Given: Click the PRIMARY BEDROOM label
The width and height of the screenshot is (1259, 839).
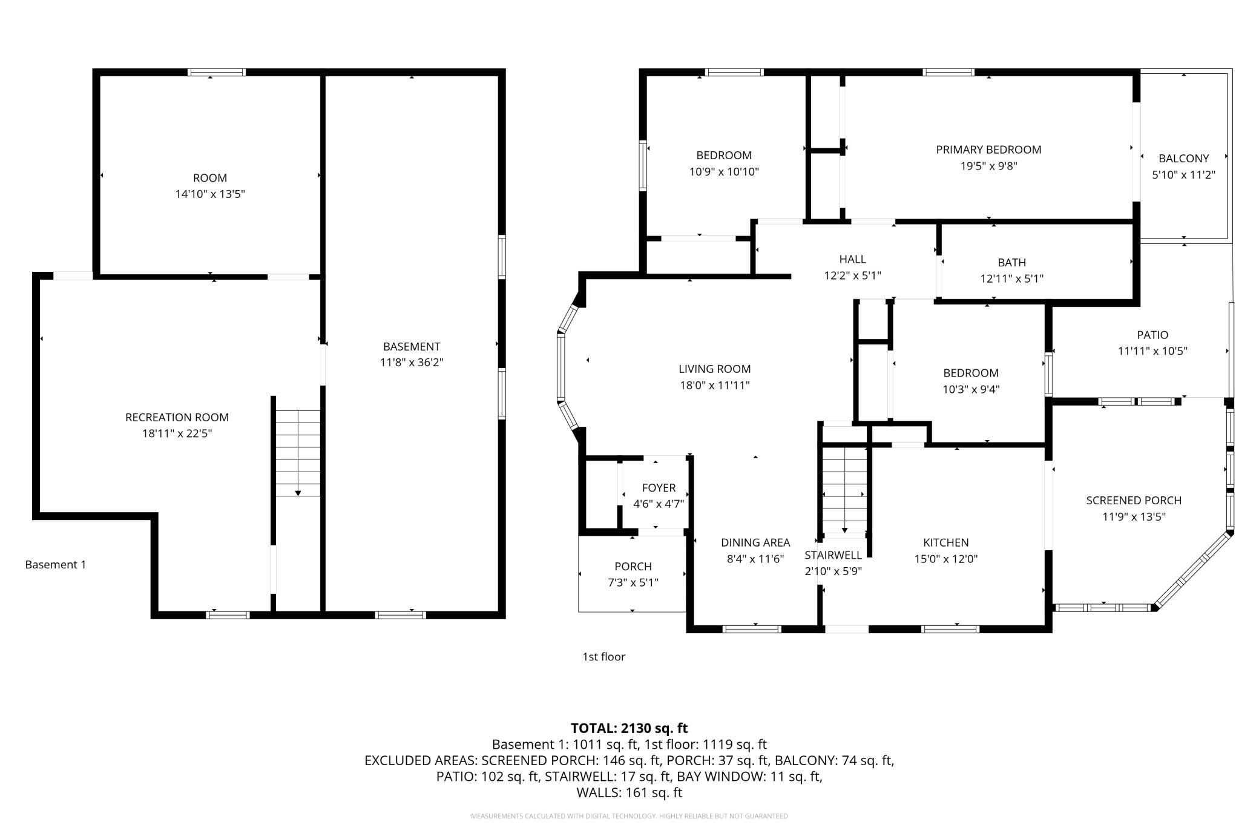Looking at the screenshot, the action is point(988,150).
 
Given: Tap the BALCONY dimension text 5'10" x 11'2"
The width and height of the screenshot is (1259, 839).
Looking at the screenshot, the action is point(1183,175).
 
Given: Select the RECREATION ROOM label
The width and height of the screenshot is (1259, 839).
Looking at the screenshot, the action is point(177,417).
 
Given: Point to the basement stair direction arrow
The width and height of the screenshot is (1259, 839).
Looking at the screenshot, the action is point(298,493).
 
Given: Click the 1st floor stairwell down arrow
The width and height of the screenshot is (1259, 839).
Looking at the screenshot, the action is point(844,530).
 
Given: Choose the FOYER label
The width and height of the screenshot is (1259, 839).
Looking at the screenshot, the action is point(659,488).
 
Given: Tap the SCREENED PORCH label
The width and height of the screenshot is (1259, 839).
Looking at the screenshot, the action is point(1134,501).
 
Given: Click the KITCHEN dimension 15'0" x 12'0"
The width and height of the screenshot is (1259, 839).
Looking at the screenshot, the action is point(946,559).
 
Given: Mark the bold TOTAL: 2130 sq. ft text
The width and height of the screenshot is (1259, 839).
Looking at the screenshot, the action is point(629,728).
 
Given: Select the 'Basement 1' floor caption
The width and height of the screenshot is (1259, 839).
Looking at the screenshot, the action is point(56,565).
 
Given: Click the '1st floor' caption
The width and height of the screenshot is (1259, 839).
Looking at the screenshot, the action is point(603,657).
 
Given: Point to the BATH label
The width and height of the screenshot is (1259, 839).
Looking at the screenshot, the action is point(1012,263).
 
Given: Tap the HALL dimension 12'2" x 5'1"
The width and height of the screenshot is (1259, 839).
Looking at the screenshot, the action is point(852,275).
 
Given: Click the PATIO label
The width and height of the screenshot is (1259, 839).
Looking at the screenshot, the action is point(1152,335).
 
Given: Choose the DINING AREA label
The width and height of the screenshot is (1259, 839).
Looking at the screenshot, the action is point(755,542).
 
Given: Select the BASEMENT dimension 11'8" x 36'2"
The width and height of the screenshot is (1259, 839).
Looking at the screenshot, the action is point(412,363).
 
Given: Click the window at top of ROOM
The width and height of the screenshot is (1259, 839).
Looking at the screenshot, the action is point(217,72).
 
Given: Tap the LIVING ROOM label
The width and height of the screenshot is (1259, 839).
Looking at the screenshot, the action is point(714,369).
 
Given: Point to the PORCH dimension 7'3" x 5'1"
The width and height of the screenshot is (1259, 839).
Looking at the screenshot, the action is point(633,582).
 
